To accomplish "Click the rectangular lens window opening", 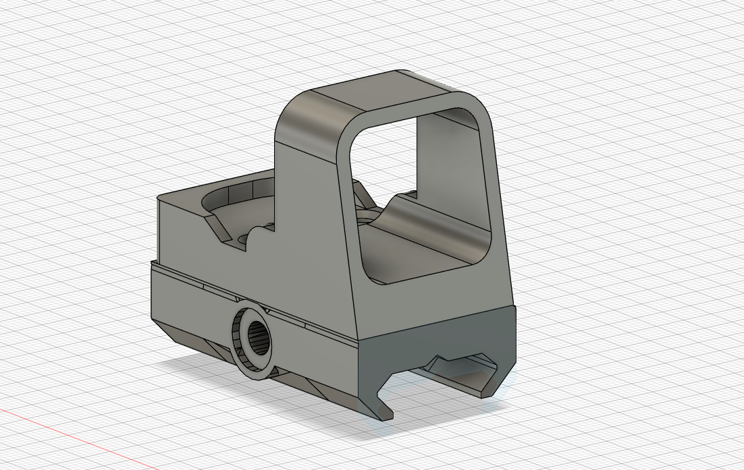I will click(x=419, y=175).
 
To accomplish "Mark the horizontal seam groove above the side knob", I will click(x=203, y=286).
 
